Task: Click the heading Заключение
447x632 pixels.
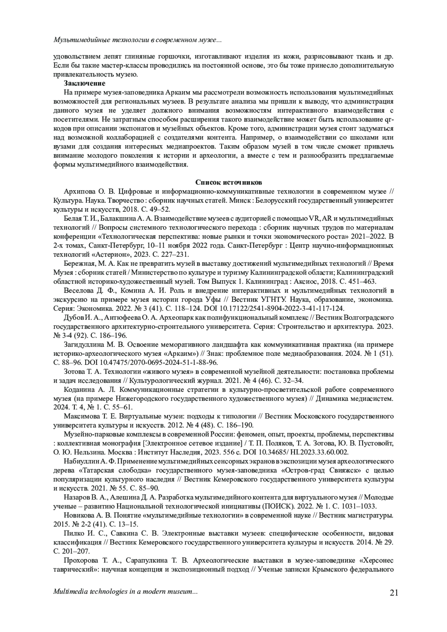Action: click(x=85, y=83)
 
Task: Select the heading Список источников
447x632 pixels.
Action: click(x=229, y=182)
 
